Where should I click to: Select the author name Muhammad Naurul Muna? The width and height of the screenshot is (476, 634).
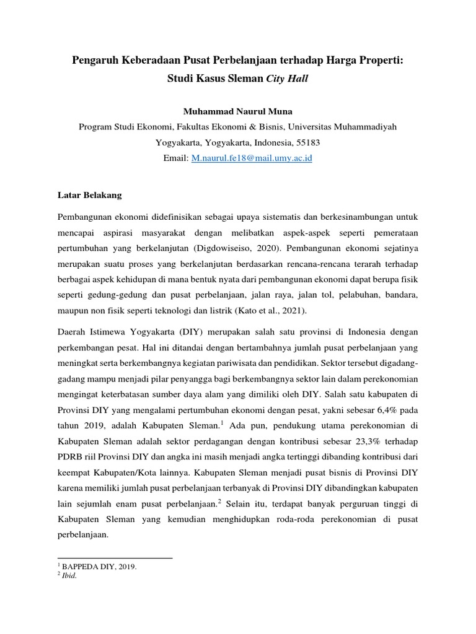pyautogui.click(x=238, y=111)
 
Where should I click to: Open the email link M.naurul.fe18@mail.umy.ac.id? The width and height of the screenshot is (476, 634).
pyautogui.click(x=252, y=158)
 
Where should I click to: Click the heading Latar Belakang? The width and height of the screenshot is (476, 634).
pyautogui.click(x=90, y=195)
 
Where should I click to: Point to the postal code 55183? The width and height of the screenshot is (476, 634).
pyautogui.click(x=308, y=142)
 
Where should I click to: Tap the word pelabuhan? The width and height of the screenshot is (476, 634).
pyautogui.click(x=355, y=295)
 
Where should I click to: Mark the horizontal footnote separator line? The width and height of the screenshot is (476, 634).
pyautogui.click(x=115, y=558)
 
